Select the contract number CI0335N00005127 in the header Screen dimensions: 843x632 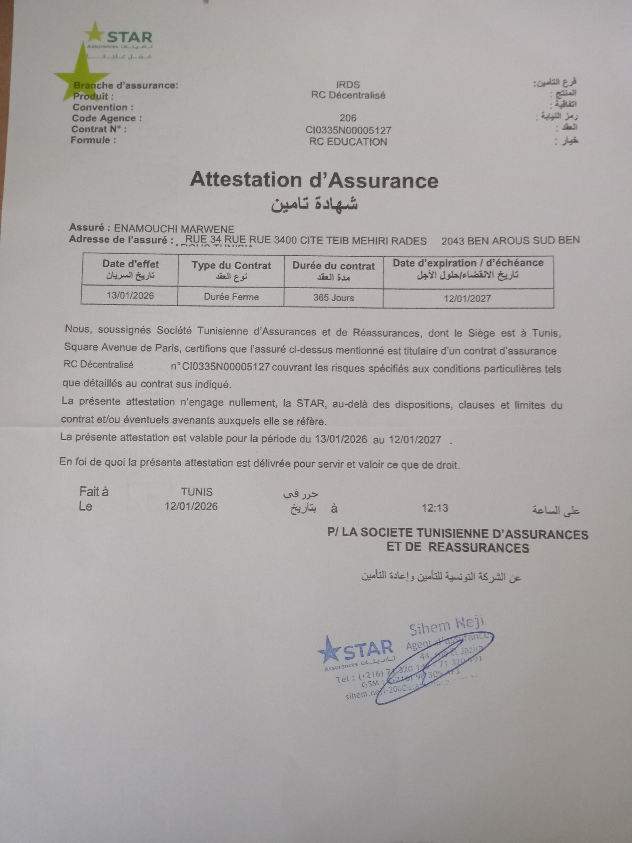click(348, 130)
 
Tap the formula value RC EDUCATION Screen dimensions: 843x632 click(348, 142)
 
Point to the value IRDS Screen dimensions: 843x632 click(348, 85)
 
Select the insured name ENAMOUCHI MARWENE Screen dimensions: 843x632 click(174, 229)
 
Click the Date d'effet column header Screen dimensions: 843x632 click(130, 269)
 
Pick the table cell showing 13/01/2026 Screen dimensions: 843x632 click(130, 295)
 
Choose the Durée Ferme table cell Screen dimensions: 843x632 click(231, 297)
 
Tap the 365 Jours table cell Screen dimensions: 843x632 click(334, 298)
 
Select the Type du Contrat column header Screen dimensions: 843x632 click(231, 270)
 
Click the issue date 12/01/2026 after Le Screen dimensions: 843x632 click(191, 506)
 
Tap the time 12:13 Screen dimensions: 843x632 click(435, 508)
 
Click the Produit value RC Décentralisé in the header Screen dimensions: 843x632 click(348, 95)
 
